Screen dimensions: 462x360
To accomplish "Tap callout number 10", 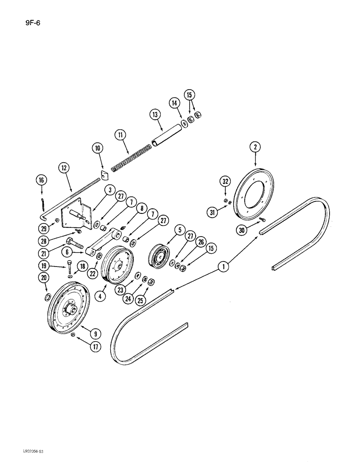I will click(x=97, y=149).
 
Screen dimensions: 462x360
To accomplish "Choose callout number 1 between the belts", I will click(x=223, y=267).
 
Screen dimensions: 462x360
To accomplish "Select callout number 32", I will click(x=225, y=181).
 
